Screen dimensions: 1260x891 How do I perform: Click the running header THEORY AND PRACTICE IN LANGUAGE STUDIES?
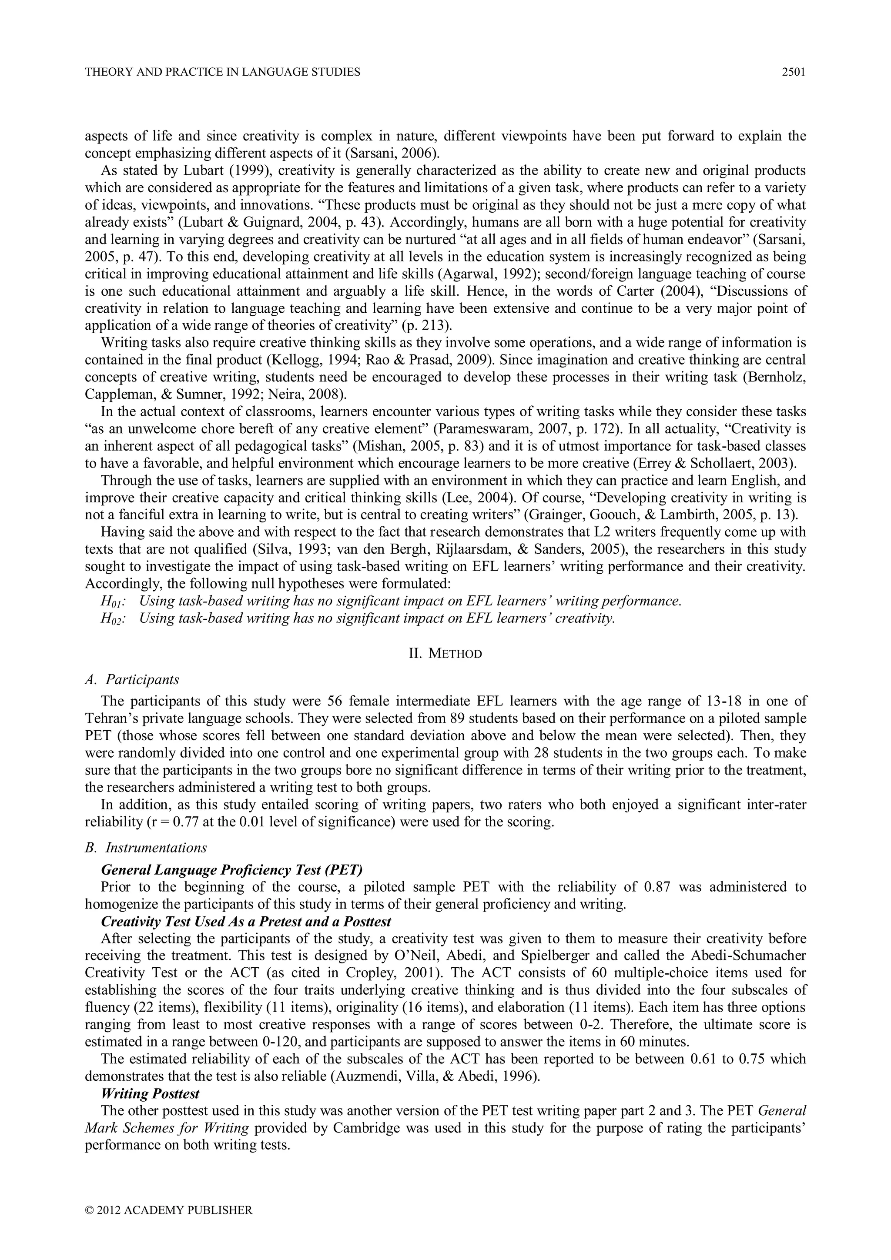point(222,72)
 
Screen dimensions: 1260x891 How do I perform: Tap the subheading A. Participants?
point(132,679)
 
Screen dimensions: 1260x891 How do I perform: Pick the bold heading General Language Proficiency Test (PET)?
point(232,870)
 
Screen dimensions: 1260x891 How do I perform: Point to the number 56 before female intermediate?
point(334,702)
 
